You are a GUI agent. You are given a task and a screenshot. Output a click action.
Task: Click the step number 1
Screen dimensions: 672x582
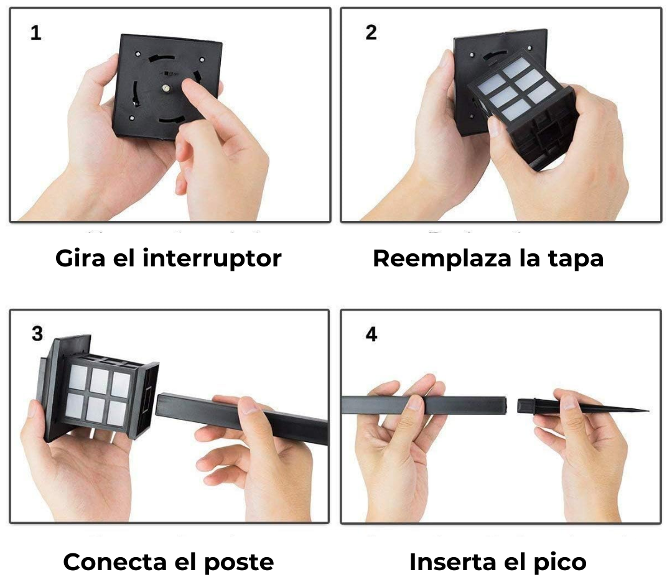point(35,33)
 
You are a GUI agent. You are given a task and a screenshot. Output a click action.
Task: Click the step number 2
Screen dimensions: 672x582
point(371,32)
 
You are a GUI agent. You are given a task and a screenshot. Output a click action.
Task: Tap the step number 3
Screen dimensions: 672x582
point(37,334)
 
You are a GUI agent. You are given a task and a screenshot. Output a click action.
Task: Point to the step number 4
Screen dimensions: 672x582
point(371,334)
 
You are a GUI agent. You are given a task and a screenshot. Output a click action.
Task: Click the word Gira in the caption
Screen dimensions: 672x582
point(80,258)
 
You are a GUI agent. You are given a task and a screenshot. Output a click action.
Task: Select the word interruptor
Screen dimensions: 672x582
point(212,258)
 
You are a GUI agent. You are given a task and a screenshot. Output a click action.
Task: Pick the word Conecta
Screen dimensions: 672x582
point(115,562)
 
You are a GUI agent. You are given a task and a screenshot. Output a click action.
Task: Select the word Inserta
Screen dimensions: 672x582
point(452,562)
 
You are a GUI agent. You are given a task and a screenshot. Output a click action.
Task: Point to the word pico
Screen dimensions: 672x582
point(560,563)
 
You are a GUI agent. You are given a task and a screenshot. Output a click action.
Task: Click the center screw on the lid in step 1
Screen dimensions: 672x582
point(165,89)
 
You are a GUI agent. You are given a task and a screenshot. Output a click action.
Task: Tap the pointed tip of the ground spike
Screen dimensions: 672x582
point(648,410)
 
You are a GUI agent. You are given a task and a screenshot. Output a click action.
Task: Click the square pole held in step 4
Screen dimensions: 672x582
point(424,405)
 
